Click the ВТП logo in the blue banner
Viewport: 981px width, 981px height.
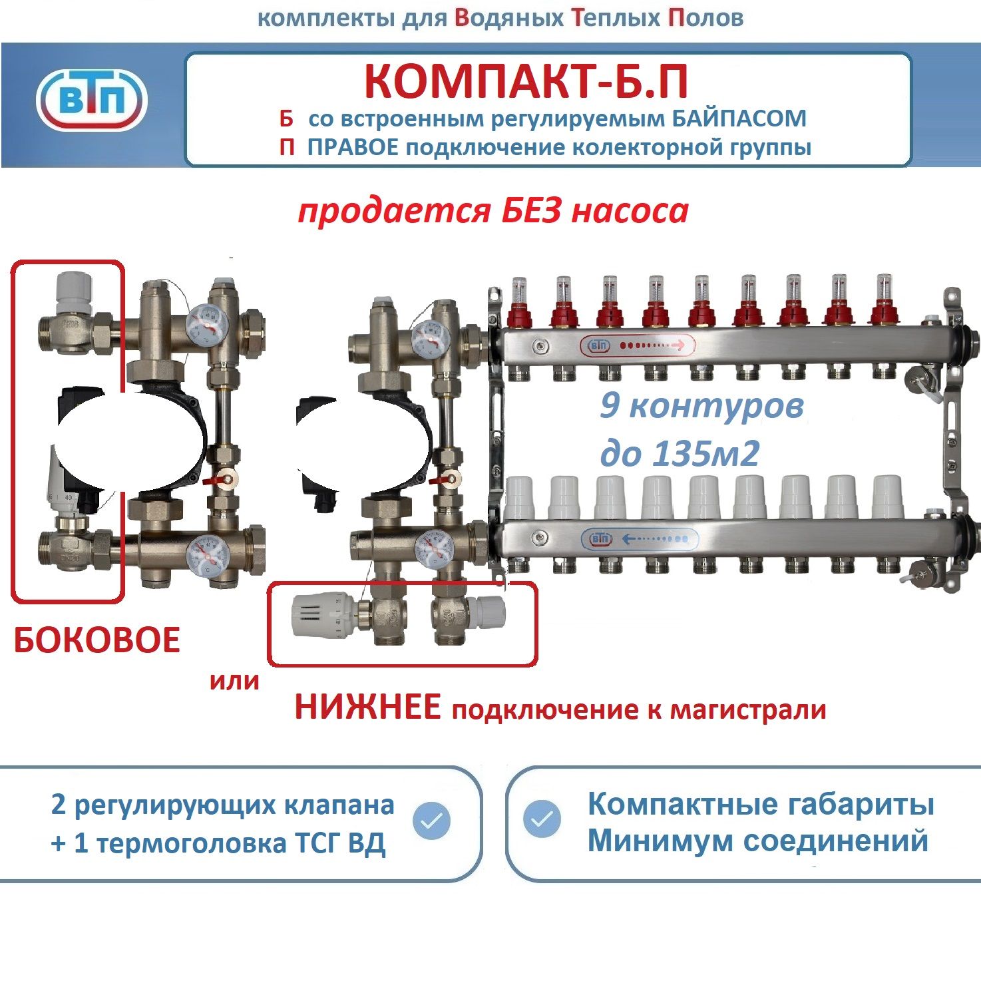pos(91,102)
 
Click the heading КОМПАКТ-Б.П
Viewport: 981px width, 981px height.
pos(526,81)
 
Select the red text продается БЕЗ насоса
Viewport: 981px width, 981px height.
pos(493,211)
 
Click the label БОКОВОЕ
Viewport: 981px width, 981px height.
pos(97,640)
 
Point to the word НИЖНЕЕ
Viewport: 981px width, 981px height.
pos(367,707)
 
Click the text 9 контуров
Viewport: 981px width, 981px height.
pos(701,405)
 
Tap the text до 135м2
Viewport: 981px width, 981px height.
pos(680,453)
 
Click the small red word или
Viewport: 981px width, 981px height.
pos(234,681)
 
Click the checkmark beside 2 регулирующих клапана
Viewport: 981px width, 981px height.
pos(431,820)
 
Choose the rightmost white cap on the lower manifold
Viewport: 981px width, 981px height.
pos(887,496)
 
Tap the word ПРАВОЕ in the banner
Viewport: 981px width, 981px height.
pos(353,147)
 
